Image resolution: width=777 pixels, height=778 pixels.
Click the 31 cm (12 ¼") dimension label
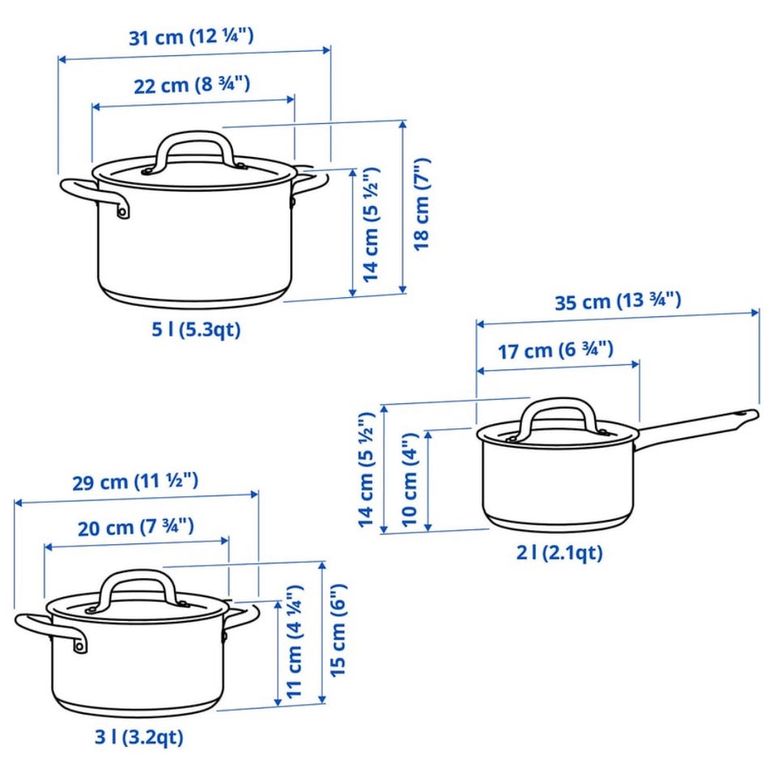[x=191, y=36]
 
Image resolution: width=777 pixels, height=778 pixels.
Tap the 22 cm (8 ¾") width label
[x=192, y=85]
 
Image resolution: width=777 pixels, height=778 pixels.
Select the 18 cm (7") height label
[x=422, y=205]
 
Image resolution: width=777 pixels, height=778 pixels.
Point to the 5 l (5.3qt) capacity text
[x=196, y=329]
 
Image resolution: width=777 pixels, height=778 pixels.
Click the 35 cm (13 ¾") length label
[x=618, y=301]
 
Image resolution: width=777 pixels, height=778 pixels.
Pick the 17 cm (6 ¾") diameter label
[x=556, y=351]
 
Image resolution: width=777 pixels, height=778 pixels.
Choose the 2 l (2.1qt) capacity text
[x=559, y=552]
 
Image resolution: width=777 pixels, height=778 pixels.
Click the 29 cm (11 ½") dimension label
[x=135, y=481]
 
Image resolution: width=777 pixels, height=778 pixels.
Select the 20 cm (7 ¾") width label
[x=136, y=527]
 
